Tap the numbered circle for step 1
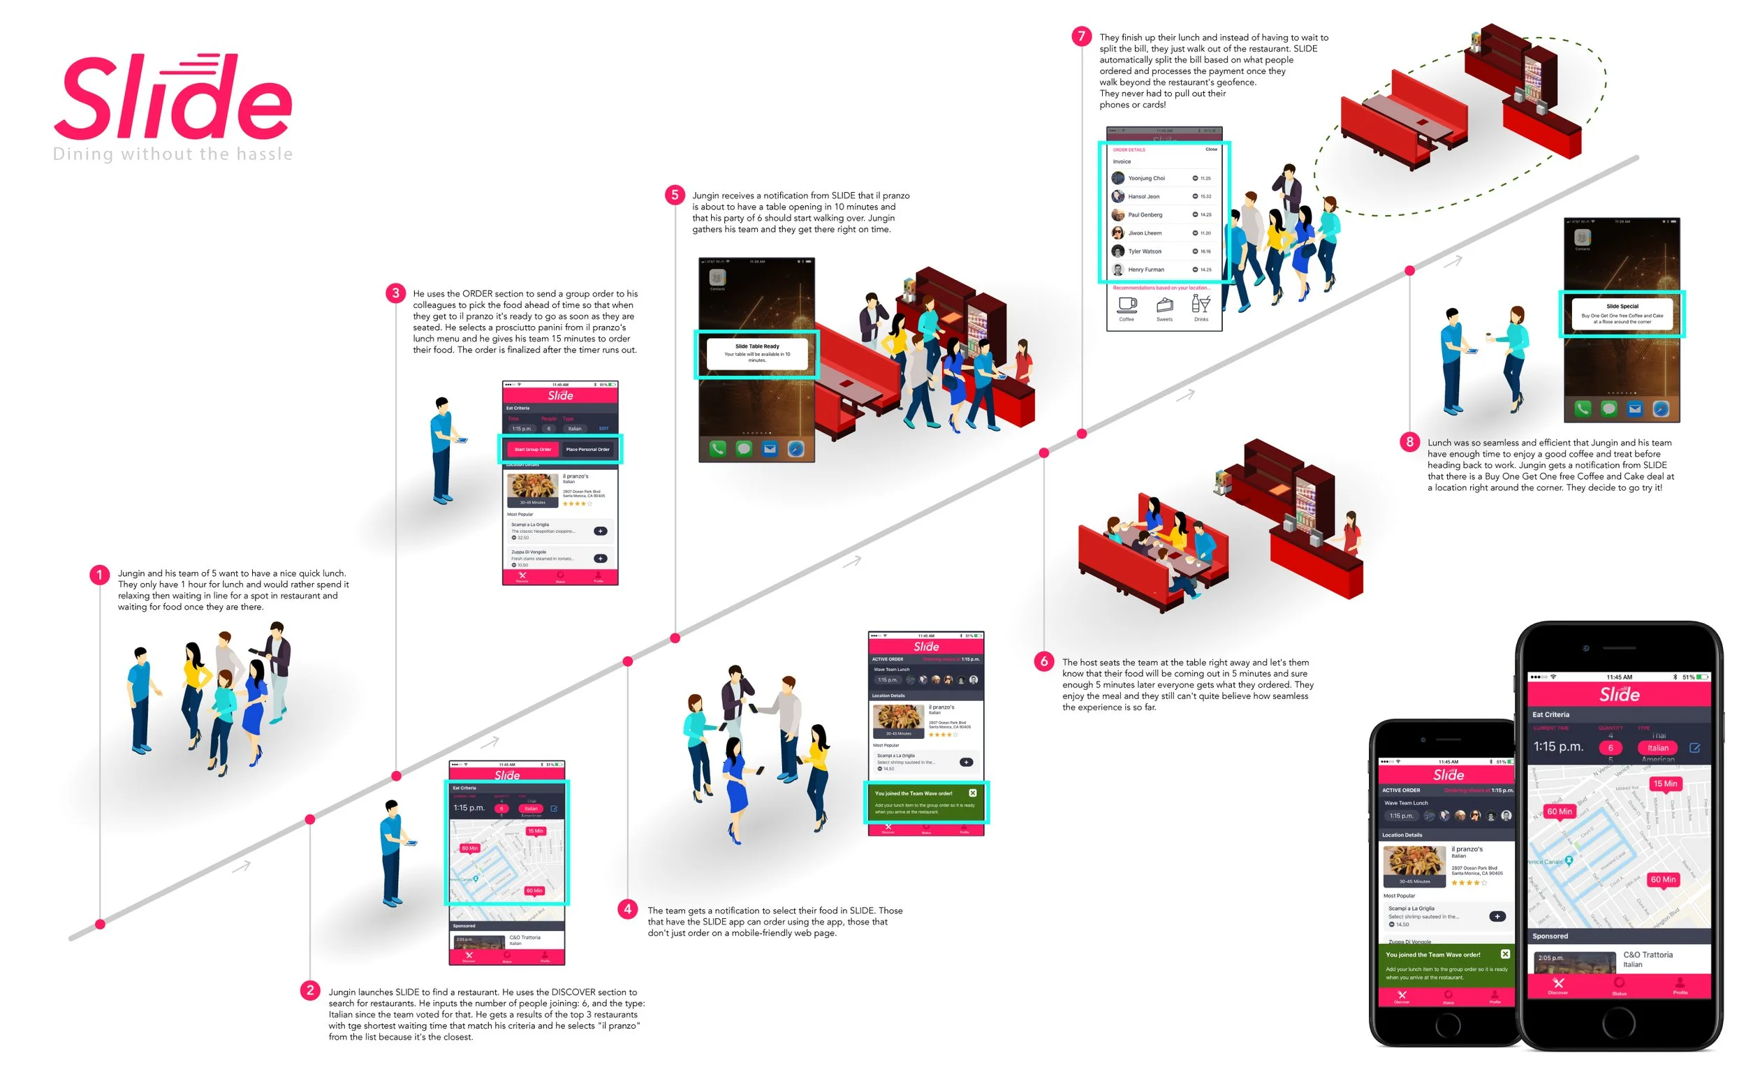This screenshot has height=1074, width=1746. (x=99, y=575)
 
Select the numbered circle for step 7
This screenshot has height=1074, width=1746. (x=1081, y=36)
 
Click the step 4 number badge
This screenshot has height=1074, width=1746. (x=627, y=909)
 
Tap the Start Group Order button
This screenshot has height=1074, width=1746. (x=532, y=449)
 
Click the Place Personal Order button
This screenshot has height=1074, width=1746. (x=587, y=449)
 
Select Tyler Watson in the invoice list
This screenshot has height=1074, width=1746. (x=1145, y=251)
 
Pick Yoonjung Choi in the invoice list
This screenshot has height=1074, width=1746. (x=1146, y=178)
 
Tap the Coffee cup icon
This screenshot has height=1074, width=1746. (x=1127, y=304)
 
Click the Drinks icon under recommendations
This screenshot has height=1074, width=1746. (x=1201, y=304)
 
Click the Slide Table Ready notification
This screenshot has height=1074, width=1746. (x=756, y=353)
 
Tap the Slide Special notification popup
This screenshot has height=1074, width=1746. (x=1622, y=314)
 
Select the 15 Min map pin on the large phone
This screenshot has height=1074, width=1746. (x=1664, y=784)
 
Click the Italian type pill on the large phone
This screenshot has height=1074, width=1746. (x=1657, y=748)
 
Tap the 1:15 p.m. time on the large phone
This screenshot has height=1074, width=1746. (x=1557, y=746)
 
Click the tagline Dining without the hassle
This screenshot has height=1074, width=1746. (x=173, y=154)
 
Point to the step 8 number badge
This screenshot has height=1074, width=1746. (x=1409, y=442)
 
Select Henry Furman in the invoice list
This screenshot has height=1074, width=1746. (x=1146, y=270)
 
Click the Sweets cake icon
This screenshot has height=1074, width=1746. (x=1164, y=305)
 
